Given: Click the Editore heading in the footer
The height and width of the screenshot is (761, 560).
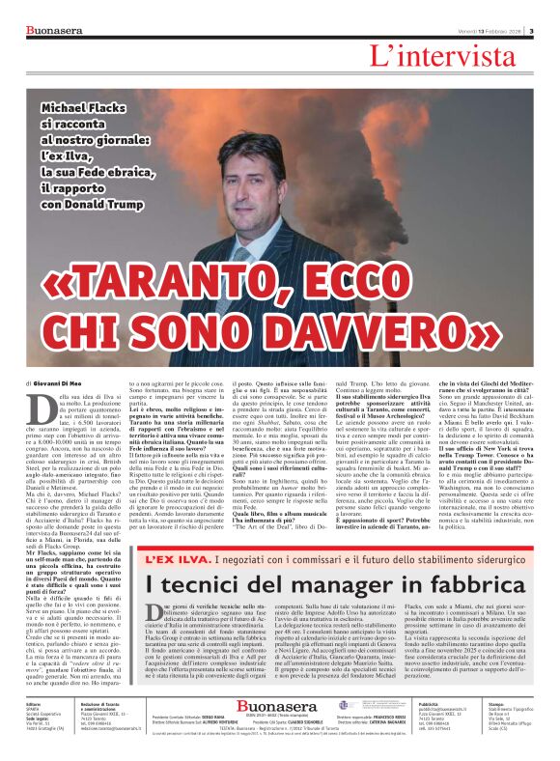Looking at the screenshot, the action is click(27, 705).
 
